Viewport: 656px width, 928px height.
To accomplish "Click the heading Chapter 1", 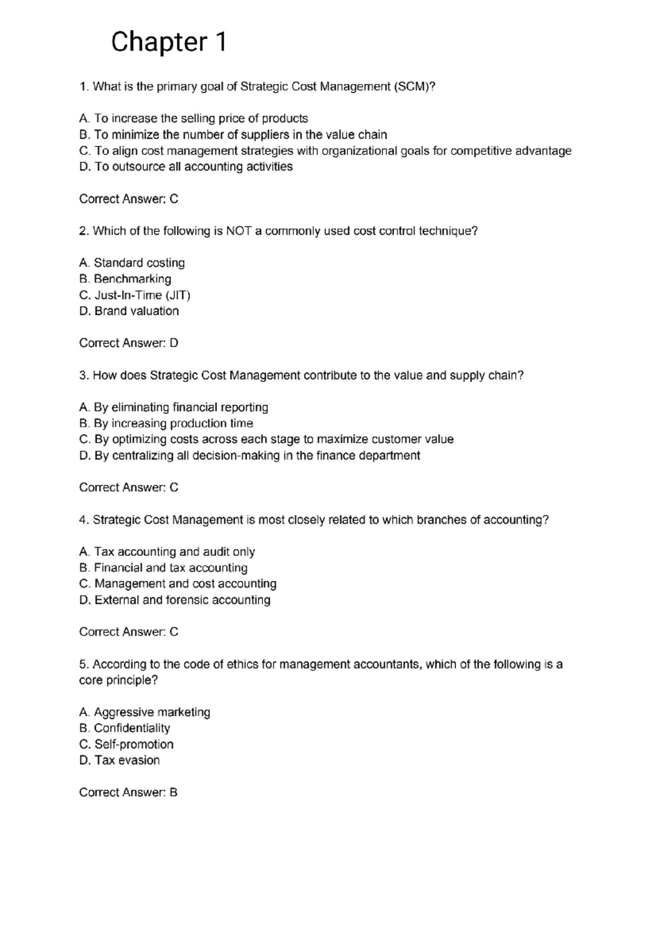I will click(168, 42).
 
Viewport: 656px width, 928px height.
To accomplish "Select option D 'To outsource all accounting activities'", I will click(186, 167).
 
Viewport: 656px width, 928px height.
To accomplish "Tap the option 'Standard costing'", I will click(132, 263).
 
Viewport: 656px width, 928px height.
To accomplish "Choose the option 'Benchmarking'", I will click(125, 279).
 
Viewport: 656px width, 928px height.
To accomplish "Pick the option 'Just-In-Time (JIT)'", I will click(134, 295).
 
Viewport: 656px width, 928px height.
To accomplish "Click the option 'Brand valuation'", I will click(129, 311).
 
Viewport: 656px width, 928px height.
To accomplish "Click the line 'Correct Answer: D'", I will click(128, 343).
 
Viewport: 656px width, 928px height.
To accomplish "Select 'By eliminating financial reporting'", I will click(173, 407).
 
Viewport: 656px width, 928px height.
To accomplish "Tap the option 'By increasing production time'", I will click(166, 424).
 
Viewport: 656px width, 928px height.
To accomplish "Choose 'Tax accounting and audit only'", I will click(167, 552).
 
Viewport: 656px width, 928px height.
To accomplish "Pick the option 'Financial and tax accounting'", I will click(163, 568).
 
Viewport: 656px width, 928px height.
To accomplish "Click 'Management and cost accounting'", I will click(178, 584).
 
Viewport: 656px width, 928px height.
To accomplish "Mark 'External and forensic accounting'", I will click(175, 600).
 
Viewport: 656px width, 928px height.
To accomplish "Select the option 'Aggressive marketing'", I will click(144, 712).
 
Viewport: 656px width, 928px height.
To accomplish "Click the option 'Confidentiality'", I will click(125, 728).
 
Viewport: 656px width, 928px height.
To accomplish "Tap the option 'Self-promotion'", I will click(126, 744).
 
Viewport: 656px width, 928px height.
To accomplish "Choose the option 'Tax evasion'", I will click(120, 760).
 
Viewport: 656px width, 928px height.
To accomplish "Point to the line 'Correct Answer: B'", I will click(128, 792).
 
